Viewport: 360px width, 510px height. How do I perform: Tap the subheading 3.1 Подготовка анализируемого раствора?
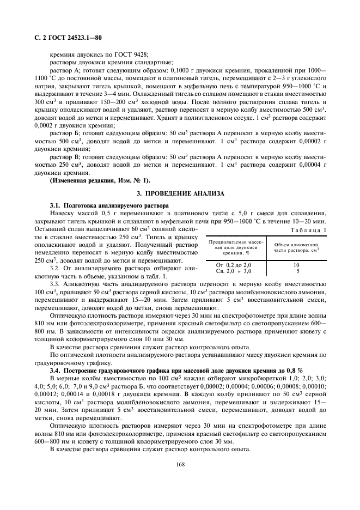pyautogui.click(x=109, y=205)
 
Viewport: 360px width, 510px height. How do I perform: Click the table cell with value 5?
pyautogui.click(x=297, y=270)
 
